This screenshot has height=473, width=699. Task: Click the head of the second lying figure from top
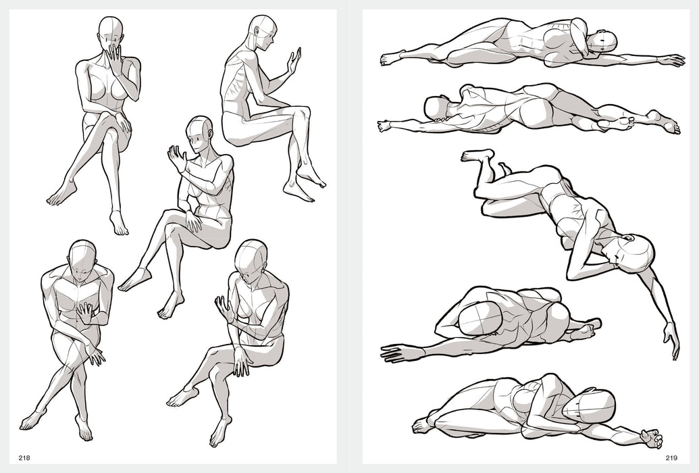(x=436, y=107)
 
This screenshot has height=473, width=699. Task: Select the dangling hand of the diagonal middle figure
(x=670, y=339)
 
